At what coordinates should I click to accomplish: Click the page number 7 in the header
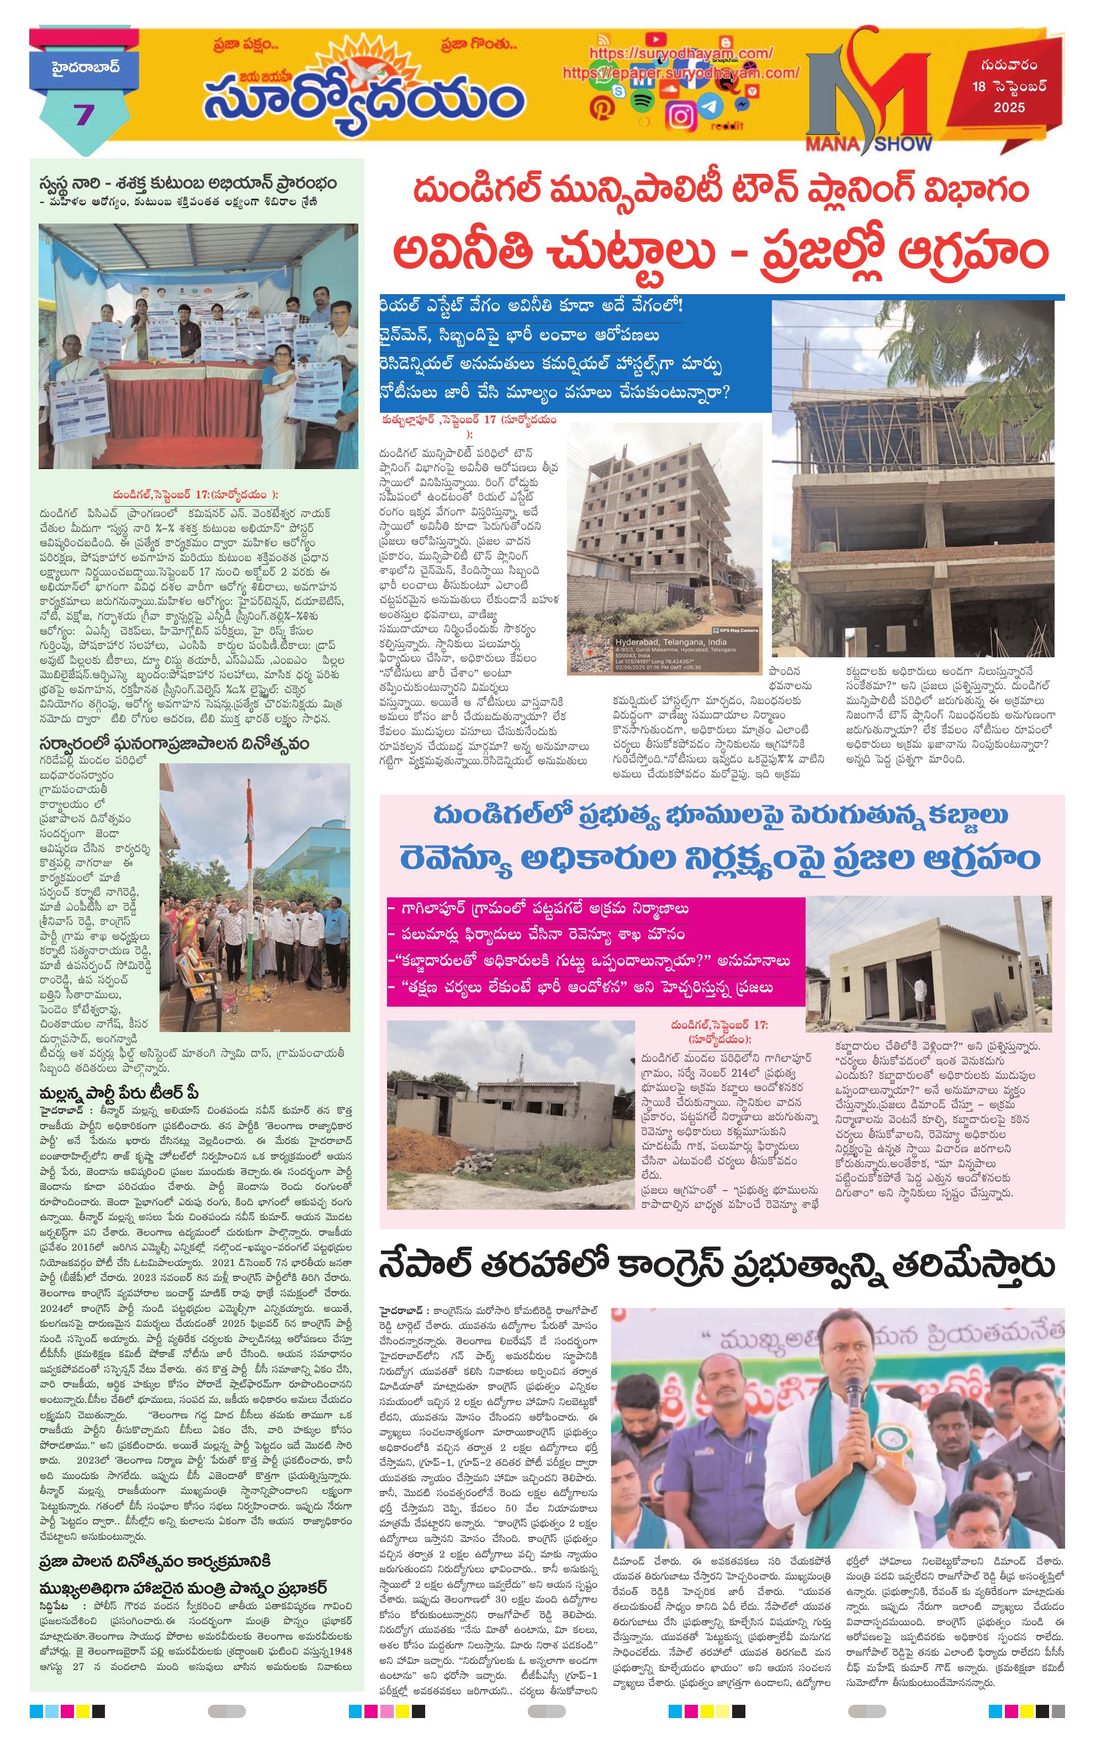tap(84, 114)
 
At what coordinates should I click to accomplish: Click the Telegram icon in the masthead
tap(711, 107)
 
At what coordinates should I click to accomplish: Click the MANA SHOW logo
tap(869, 102)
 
